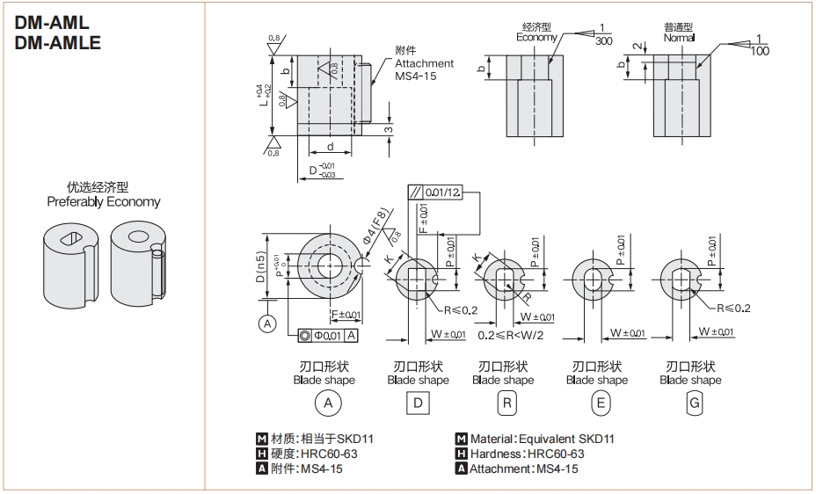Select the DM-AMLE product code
click(x=58, y=42)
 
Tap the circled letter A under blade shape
click(x=328, y=403)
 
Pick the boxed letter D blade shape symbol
click(x=418, y=403)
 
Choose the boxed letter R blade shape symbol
click(x=506, y=403)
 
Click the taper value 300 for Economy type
click(x=603, y=41)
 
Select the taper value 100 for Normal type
click(x=760, y=51)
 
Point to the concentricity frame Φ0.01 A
click(x=327, y=335)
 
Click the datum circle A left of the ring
click(x=266, y=324)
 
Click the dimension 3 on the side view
click(x=388, y=129)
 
